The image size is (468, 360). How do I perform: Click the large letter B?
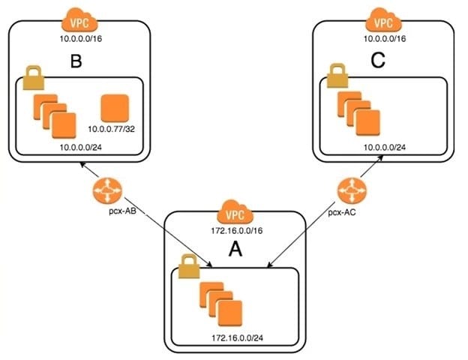pos(76,61)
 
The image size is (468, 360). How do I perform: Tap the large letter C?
pos(378,61)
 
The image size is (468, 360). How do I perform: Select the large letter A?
pos(235,249)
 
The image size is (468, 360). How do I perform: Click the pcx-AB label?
pos(122,211)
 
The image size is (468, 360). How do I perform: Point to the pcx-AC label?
pos(342,212)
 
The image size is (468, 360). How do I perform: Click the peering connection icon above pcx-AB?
pos(107,190)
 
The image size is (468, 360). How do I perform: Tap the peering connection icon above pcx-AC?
pos(352,190)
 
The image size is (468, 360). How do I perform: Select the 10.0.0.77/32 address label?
pos(111,129)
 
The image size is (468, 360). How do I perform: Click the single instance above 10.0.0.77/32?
pos(115,108)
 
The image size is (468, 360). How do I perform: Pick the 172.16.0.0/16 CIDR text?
pos(237,231)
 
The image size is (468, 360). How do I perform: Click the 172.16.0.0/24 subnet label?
pos(237,338)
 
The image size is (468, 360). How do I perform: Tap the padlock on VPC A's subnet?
pos(189,266)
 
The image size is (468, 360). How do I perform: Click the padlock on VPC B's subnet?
pos(34,77)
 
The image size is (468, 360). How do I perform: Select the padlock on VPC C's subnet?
pos(337,76)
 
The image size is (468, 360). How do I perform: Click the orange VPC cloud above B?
pos(79,20)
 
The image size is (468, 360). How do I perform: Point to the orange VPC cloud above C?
pos(383,19)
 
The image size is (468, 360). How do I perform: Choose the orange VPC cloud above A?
pos(235,211)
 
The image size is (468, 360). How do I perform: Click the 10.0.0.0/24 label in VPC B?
pos(80,147)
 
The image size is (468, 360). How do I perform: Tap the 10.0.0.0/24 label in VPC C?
pos(385,147)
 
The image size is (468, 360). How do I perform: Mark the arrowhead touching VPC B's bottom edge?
pos(82,164)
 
